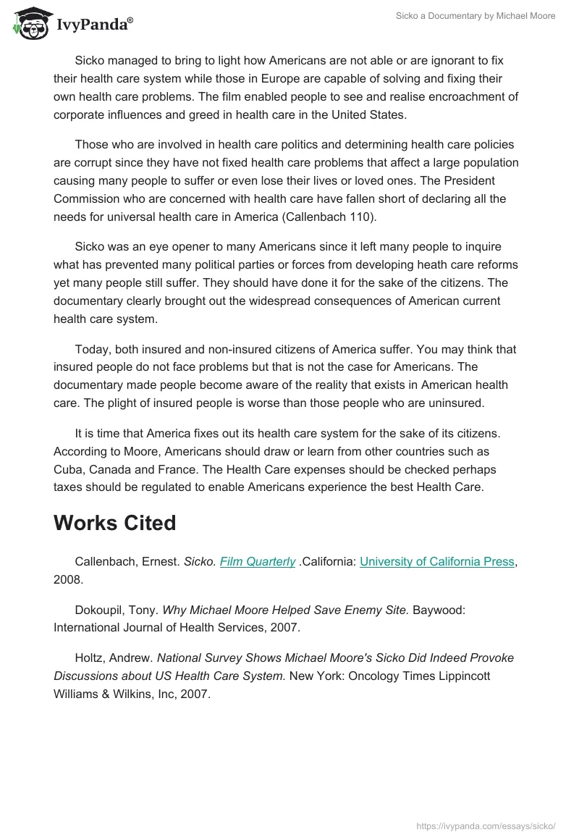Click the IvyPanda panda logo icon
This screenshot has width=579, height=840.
point(27,22)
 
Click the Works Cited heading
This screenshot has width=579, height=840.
point(114,523)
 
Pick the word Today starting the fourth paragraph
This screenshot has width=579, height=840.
point(92,349)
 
